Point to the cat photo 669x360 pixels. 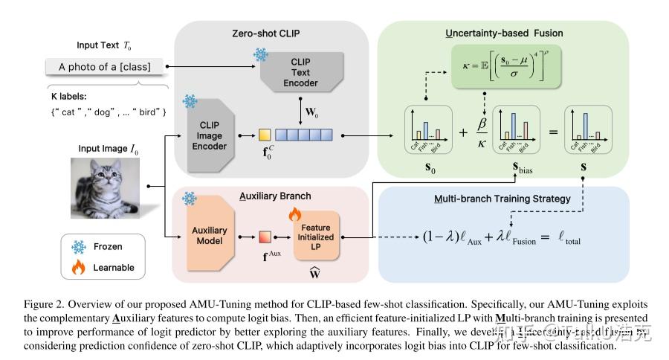pyautogui.click(x=105, y=184)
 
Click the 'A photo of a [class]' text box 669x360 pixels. pyautogui.click(x=105, y=67)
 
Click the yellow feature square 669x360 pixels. pyautogui.click(x=264, y=135)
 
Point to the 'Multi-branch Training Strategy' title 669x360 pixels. pyautogui.click(x=504, y=200)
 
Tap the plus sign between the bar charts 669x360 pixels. pyautogui.click(x=464, y=132)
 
